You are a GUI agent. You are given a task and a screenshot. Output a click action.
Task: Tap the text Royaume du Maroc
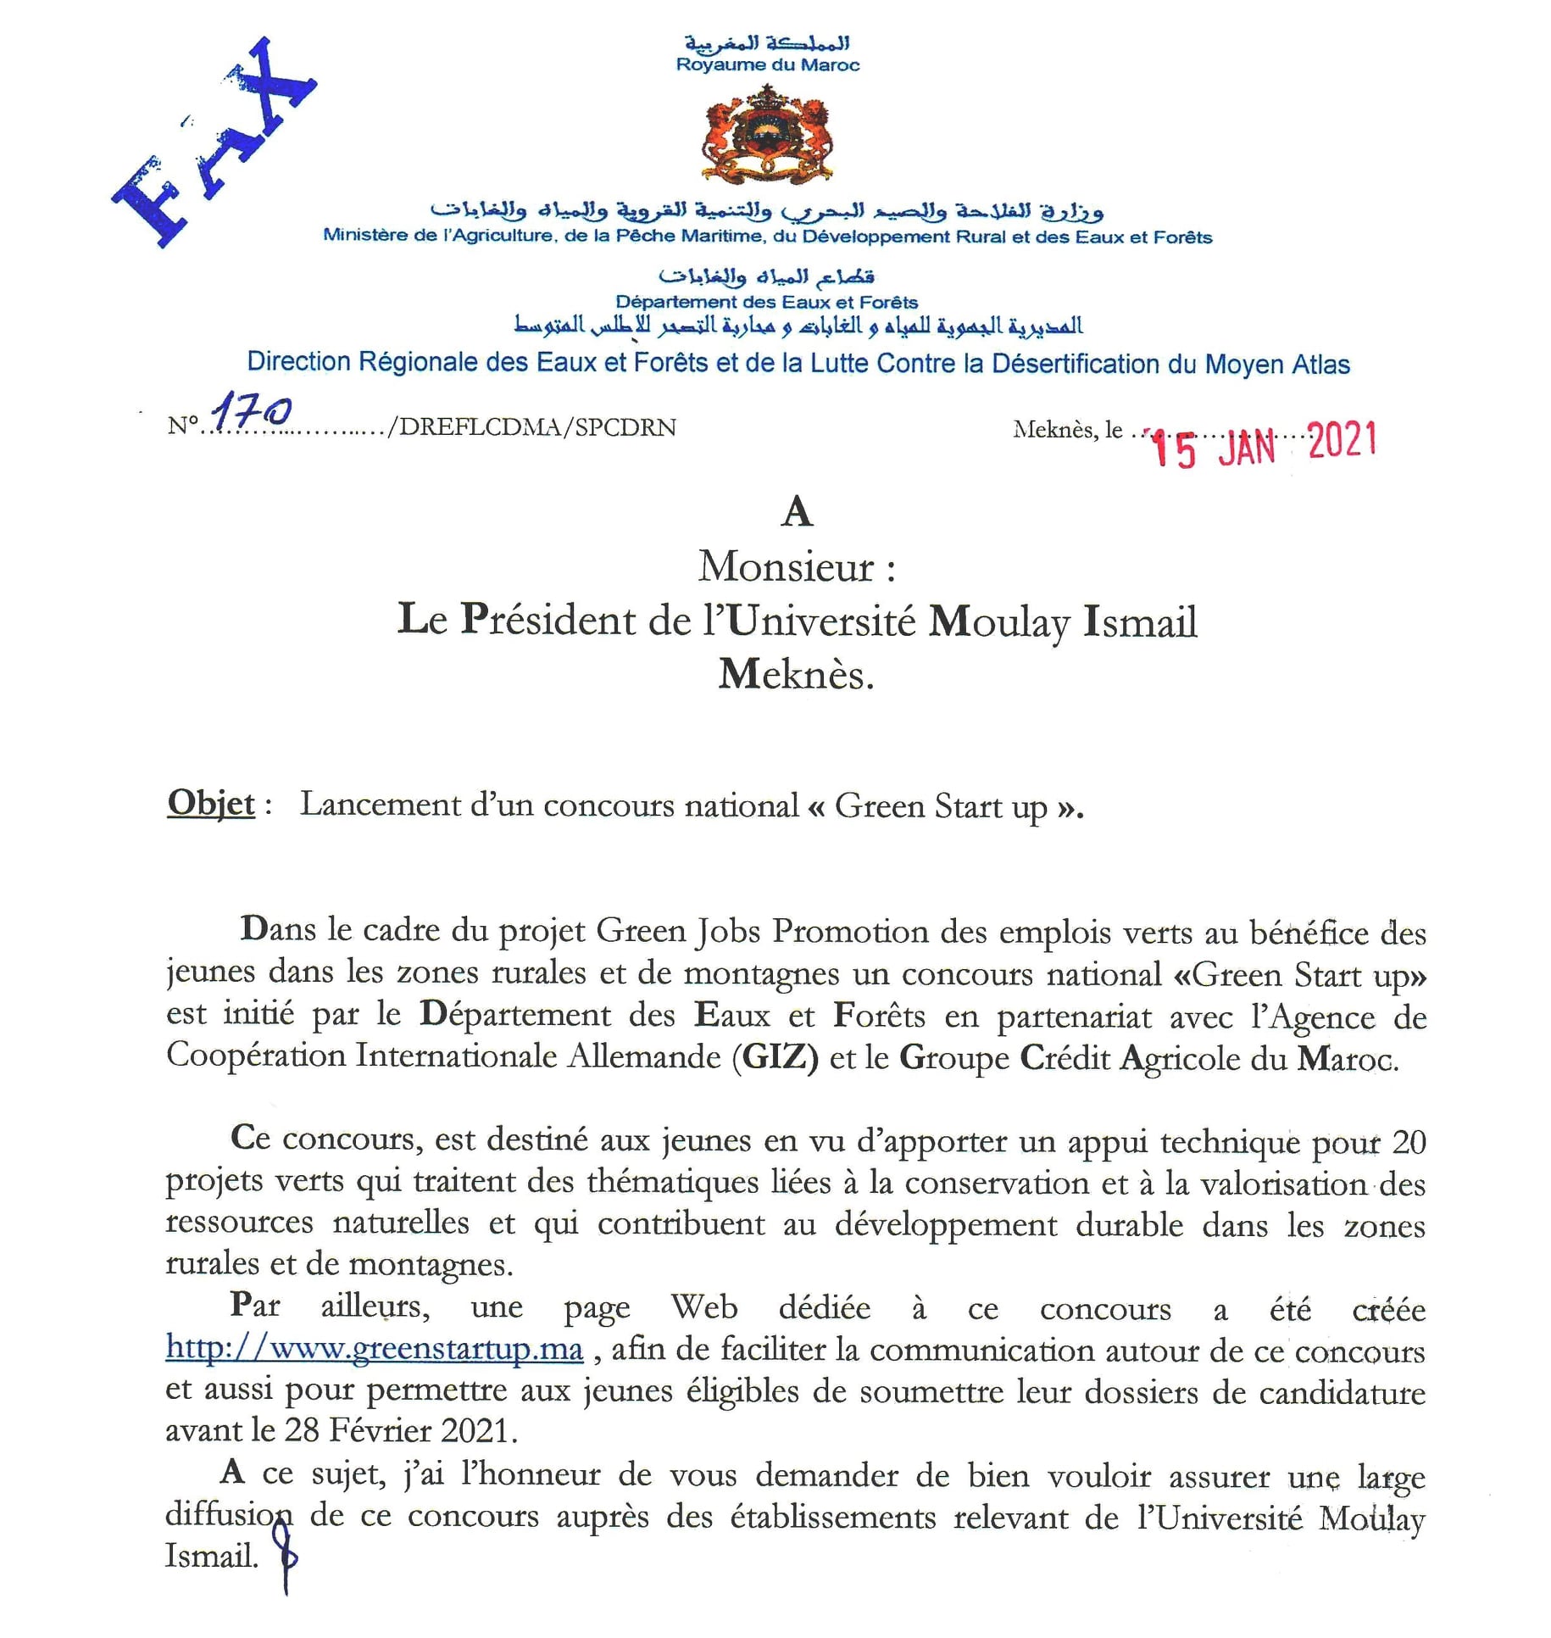tap(767, 65)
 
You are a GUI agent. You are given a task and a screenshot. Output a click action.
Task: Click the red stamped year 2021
tap(1342, 441)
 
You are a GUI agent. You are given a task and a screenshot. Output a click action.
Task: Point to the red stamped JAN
tap(1247, 447)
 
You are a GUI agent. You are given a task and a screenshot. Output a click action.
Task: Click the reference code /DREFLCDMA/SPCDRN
tap(531, 427)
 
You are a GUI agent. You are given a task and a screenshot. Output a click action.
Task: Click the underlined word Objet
tap(210, 803)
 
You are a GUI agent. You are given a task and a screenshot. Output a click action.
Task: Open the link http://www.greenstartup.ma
tap(374, 1347)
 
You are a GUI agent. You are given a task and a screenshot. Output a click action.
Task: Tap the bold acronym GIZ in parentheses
tap(775, 1057)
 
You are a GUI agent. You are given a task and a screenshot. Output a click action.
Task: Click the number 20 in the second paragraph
tap(1408, 1142)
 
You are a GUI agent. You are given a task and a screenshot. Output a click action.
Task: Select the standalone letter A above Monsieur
tap(797, 512)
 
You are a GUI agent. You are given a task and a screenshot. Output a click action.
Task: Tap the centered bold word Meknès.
tap(796, 675)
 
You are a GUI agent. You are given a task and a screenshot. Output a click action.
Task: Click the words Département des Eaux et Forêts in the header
tap(766, 302)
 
